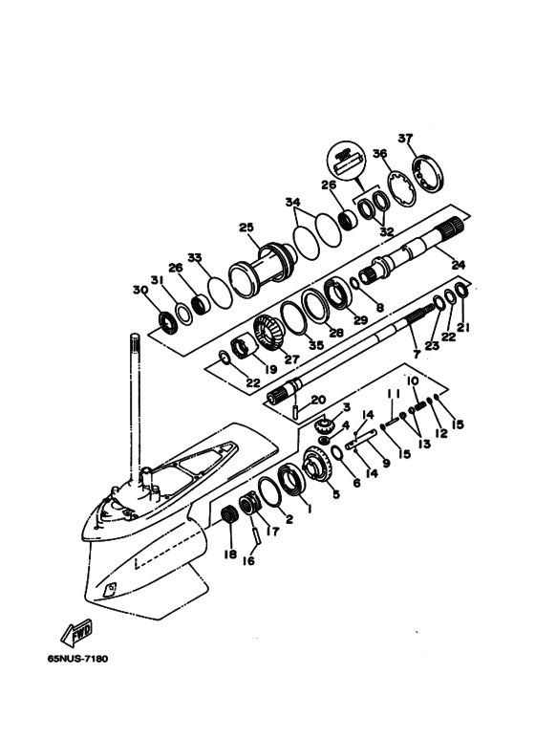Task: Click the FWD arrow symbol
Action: [x=76, y=633]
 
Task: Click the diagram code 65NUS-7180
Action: [x=77, y=659]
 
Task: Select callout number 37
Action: [x=405, y=138]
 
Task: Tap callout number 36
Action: [x=379, y=154]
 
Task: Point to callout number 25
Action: [x=246, y=228]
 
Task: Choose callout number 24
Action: [x=458, y=265]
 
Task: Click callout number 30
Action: [x=140, y=290]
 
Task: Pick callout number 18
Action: [x=230, y=554]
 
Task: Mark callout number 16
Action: [x=248, y=560]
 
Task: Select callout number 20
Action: [x=318, y=401]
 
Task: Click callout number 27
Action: [x=292, y=359]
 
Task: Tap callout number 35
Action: [x=316, y=345]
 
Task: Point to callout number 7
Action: [x=417, y=354]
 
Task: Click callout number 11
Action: [x=394, y=393]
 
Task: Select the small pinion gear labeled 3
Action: [x=324, y=425]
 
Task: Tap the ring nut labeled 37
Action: [x=428, y=172]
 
